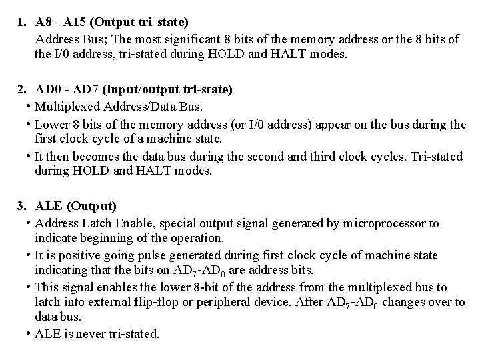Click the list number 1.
pyautogui.click(x=21, y=23)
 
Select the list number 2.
pyautogui.click(x=21, y=89)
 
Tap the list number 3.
pyautogui.click(x=21, y=205)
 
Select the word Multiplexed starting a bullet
pyautogui.click(x=64, y=107)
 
